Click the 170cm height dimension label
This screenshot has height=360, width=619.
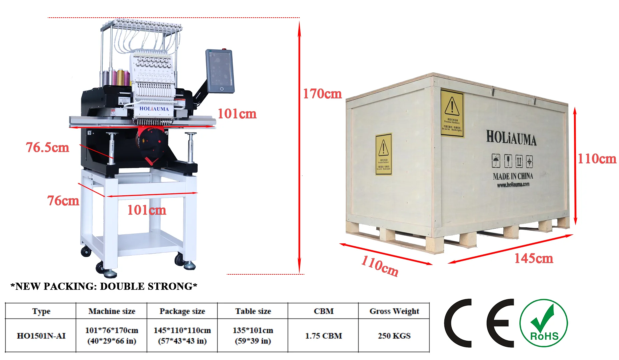pyautogui.click(x=322, y=94)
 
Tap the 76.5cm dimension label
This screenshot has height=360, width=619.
pyautogui.click(x=47, y=147)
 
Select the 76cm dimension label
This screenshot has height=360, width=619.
pyautogui.click(x=63, y=201)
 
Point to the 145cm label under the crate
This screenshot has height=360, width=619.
pyautogui.click(x=533, y=258)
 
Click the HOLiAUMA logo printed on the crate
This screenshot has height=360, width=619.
pyautogui.click(x=511, y=138)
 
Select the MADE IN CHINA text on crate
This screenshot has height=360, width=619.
pyautogui.click(x=513, y=176)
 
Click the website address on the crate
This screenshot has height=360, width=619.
pyautogui.click(x=513, y=185)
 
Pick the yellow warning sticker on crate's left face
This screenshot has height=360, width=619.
pyautogui.click(x=383, y=154)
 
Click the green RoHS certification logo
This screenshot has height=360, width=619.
pyautogui.click(x=543, y=323)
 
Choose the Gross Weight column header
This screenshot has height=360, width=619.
pyautogui.click(x=394, y=311)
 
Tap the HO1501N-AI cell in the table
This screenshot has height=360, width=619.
pyautogui.click(x=41, y=336)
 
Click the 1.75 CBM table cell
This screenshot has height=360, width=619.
pyautogui.click(x=323, y=336)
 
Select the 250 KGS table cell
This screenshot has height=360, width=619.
pyautogui.click(x=394, y=336)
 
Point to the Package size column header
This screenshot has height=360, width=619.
pyautogui.click(x=182, y=311)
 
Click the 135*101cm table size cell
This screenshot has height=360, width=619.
pyautogui.click(x=253, y=335)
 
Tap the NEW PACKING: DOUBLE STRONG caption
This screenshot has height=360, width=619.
pyautogui.click(x=104, y=286)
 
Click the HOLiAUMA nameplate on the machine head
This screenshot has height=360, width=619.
pyautogui.click(x=154, y=109)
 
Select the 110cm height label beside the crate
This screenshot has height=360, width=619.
pyautogui.click(x=597, y=159)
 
